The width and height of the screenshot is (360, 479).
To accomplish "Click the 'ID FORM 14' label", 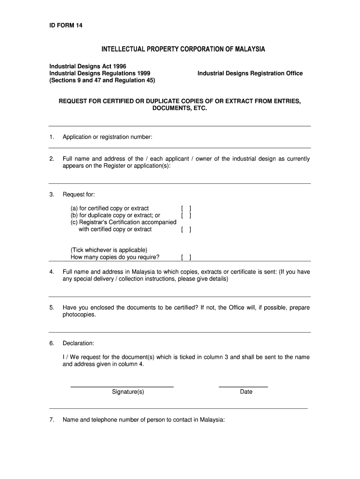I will [x=66, y=25].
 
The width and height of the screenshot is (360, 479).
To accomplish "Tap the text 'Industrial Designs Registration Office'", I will [x=250, y=73].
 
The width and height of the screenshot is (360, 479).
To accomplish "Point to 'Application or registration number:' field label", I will [x=108, y=137].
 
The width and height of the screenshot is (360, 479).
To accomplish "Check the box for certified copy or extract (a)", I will [x=186, y=209].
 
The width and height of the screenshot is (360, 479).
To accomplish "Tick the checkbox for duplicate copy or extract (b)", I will [x=186, y=216].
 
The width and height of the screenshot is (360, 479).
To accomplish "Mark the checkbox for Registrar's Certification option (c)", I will [x=186, y=230].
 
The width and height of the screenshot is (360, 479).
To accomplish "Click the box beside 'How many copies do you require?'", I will [x=186, y=257].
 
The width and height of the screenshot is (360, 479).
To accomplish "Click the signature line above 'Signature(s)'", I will [x=122, y=386].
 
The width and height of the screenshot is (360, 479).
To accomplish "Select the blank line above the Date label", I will [x=243, y=386].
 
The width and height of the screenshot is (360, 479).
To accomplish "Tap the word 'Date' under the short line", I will [x=246, y=392].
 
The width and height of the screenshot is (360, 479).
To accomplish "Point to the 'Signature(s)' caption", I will [x=128, y=392].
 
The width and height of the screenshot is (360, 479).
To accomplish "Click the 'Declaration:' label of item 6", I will [x=79, y=343].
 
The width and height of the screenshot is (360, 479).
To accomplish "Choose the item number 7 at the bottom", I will [x=51, y=420].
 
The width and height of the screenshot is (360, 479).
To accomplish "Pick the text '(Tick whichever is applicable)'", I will [x=109, y=250].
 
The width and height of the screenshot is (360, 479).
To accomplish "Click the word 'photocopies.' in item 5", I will [x=79, y=315].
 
